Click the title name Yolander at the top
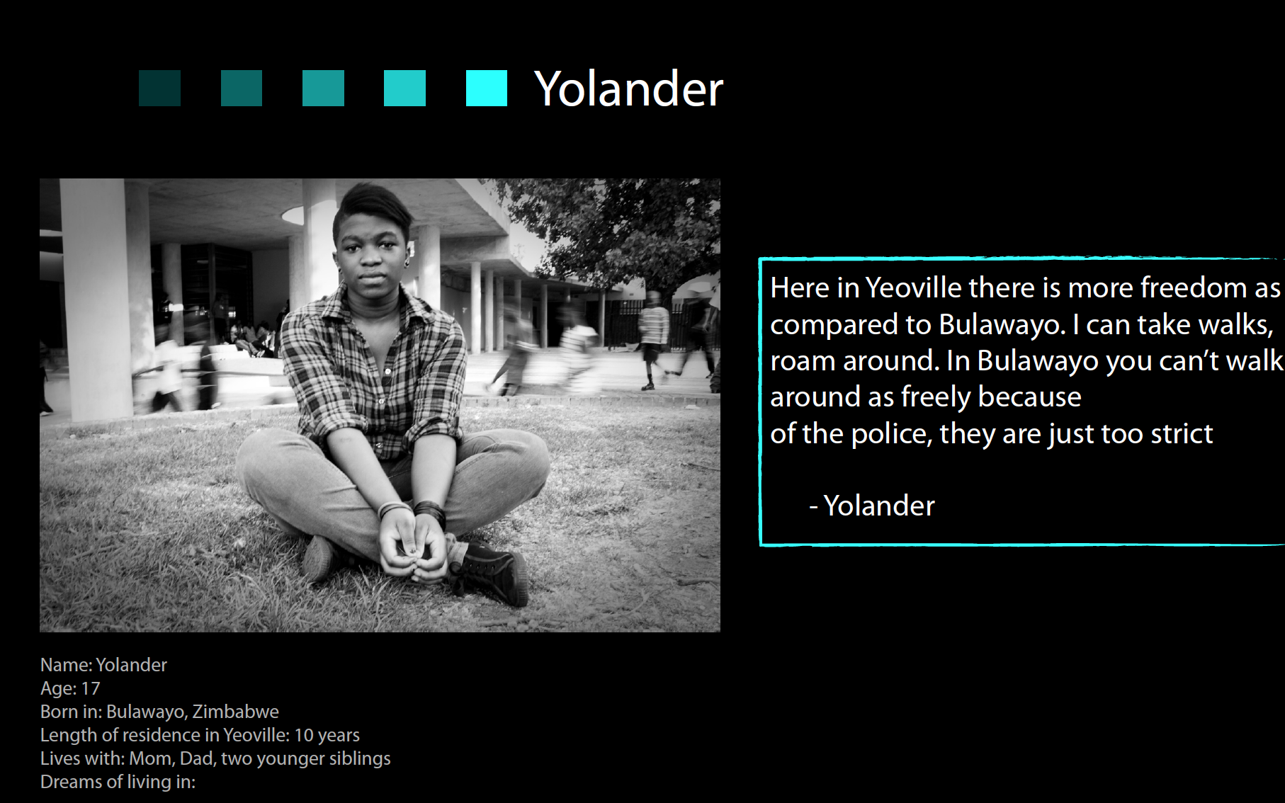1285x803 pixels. (628, 89)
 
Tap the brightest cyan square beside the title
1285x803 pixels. (487, 88)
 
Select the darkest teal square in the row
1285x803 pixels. (159, 88)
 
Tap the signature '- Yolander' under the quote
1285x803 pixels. (872, 506)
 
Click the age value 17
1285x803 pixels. (91, 688)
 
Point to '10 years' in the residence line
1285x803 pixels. (327, 735)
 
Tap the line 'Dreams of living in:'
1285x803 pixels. (118, 782)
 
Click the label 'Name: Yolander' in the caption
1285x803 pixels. (103, 665)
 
